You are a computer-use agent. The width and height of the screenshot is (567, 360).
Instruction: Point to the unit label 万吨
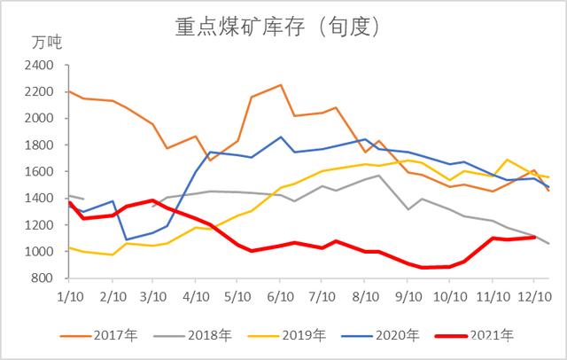pos(47,42)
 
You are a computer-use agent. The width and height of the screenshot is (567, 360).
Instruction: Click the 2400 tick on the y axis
pos(41,65)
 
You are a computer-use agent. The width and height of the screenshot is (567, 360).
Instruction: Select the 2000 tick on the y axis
pos(41,118)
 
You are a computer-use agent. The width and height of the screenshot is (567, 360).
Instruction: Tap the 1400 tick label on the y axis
pos(41,198)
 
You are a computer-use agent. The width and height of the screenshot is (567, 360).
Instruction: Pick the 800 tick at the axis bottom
pos(44,278)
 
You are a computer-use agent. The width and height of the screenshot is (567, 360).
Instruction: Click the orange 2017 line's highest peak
pos(281,85)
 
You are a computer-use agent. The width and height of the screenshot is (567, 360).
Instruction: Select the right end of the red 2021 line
pos(534,237)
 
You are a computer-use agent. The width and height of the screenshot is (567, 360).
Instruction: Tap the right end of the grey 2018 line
pos(548,244)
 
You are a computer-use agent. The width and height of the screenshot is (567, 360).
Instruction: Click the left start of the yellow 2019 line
pos(69,247)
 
